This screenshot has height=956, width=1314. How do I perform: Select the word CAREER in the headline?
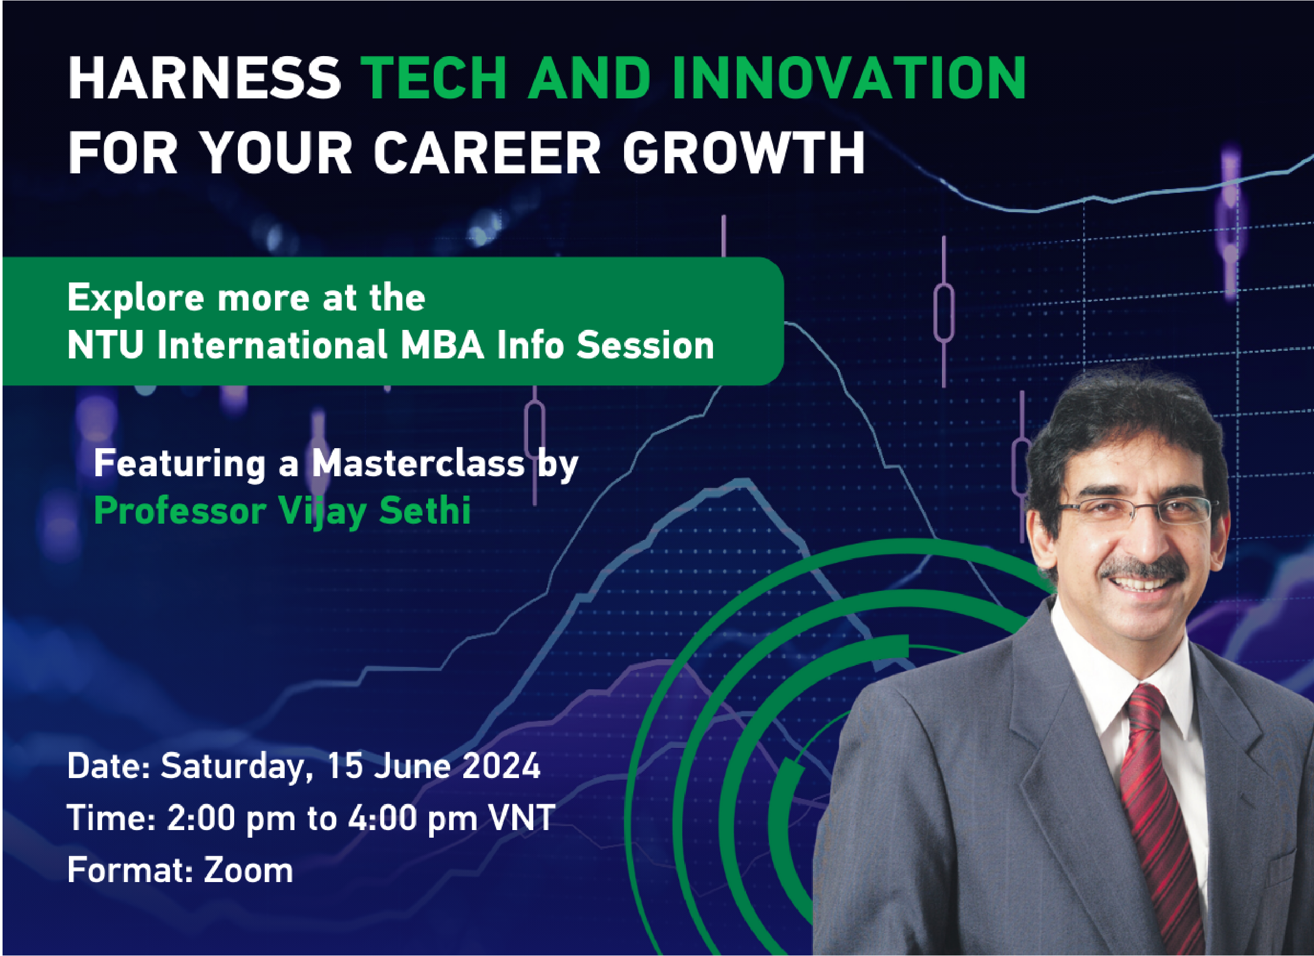tap(487, 153)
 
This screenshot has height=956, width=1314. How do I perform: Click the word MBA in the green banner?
tap(442, 346)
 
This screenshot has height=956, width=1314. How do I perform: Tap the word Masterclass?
tap(418, 464)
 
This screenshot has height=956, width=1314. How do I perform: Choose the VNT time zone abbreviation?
tap(522, 818)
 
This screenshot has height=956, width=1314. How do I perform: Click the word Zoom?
tap(248, 870)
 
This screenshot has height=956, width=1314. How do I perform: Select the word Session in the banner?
tap(645, 346)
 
